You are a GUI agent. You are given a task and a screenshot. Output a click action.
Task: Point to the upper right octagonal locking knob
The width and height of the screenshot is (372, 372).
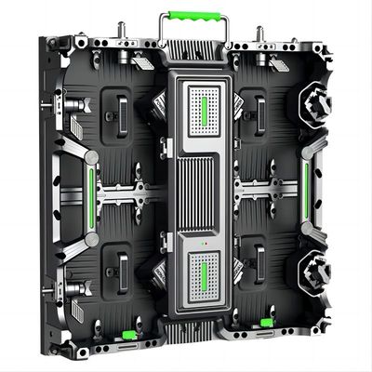(x=315, y=103)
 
